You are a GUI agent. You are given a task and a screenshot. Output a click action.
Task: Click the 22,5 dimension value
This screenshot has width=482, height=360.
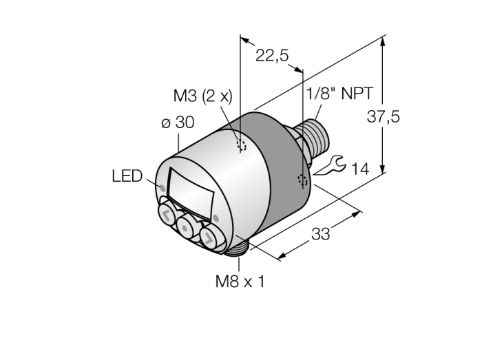click(x=272, y=56)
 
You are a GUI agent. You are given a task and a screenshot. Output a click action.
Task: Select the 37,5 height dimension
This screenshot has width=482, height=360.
click(x=383, y=117)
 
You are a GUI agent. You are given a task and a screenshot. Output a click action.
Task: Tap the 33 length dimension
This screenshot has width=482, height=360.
click(x=321, y=234)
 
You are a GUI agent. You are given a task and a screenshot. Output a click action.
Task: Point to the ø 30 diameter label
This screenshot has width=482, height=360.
click(x=178, y=123)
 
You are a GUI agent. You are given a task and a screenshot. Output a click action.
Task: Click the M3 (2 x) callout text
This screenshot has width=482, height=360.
click(x=203, y=96)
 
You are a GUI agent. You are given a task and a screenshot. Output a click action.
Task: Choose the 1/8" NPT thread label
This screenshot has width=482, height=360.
click(x=339, y=94)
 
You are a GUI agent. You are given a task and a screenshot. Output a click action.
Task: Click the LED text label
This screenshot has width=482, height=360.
click(x=127, y=176)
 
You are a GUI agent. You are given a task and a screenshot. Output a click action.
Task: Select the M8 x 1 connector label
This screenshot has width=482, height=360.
click(x=240, y=281)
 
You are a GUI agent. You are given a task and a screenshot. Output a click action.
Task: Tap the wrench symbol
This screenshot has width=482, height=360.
click(x=330, y=166)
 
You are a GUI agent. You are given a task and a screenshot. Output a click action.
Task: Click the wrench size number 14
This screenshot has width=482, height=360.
click(x=360, y=169)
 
